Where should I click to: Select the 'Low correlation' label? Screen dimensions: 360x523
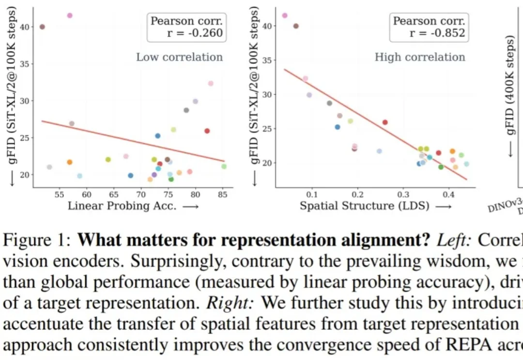[x=179, y=57]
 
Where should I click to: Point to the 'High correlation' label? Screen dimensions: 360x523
[x=420, y=57]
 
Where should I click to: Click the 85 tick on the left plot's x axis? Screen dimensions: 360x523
[x=222, y=195]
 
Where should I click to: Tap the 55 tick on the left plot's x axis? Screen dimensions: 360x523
[x=60, y=195]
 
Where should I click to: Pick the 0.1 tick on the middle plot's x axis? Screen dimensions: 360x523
[x=311, y=195]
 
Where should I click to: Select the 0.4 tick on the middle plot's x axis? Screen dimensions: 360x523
[x=449, y=195]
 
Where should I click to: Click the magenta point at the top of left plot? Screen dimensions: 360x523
[x=70, y=15]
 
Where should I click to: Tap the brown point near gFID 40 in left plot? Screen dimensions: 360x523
[x=42, y=27]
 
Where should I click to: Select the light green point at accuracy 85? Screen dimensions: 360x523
[x=224, y=166]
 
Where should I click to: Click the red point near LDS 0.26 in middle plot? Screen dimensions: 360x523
[x=385, y=122]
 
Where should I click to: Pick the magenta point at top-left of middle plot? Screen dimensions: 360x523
[x=285, y=15]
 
